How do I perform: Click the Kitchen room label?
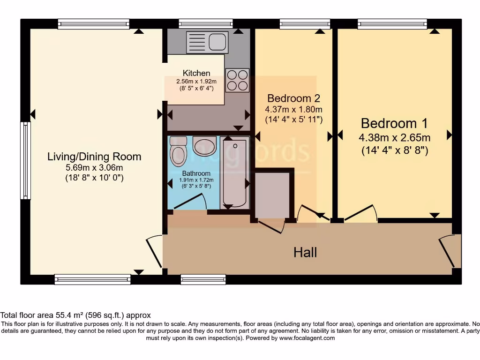coord(196,73)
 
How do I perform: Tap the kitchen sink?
coord(207,41)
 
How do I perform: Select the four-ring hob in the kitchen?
coord(237,80)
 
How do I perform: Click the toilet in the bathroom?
coord(178,151)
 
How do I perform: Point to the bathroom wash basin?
coord(204,146)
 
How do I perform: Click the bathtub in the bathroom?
coord(234,173)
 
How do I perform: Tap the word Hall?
coord(305,253)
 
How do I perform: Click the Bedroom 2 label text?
coord(293,98)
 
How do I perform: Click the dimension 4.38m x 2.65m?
coord(394,138)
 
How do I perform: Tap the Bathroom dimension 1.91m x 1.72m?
coord(197,180)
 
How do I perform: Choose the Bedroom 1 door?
coord(361,213)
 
